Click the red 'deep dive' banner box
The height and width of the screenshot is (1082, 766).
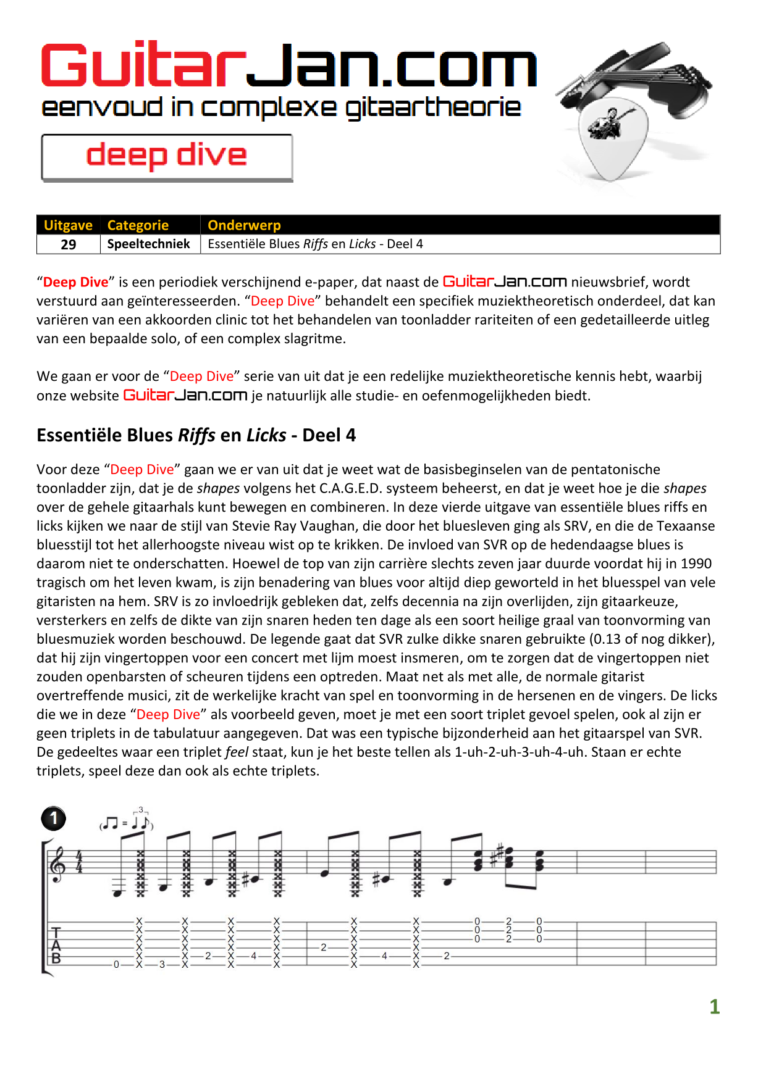(x=167, y=157)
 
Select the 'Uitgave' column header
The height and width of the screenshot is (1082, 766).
(x=68, y=225)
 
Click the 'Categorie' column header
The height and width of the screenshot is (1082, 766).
(x=138, y=225)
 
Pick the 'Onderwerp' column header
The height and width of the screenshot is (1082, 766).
(x=244, y=225)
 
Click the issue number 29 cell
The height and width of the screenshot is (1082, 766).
(x=69, y=244)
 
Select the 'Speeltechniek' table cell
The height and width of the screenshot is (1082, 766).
(x=149, y=244)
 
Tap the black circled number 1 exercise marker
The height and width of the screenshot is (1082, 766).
(x=54, y=818)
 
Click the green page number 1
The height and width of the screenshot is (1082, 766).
(x=714, y=1007)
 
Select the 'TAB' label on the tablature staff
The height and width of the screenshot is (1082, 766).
(x=56, y=945)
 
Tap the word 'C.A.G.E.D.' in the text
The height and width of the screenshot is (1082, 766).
(x=354, y=488)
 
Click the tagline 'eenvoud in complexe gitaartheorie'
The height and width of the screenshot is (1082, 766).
(x=281, y=108)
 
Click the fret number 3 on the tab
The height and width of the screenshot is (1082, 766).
(x=162, y=964)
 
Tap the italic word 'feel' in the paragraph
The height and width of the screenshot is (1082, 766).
(x=237, y=752)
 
